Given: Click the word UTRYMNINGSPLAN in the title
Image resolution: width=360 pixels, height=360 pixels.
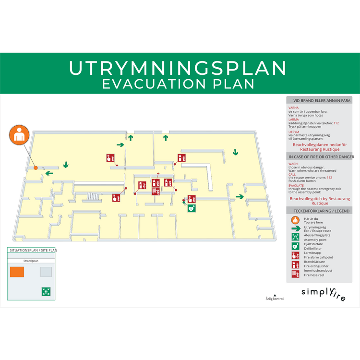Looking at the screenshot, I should pos(178,68).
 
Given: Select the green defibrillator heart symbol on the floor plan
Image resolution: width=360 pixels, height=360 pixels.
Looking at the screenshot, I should pos(191,208).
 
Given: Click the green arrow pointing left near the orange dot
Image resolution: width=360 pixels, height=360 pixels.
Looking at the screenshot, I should pos(49,173).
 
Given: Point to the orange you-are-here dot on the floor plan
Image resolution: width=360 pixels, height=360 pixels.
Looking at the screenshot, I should pos(36,168).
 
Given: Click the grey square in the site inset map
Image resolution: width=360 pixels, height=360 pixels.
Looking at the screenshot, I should pos(46,272).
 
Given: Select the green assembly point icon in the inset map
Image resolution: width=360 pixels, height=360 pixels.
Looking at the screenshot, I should pos(46,291).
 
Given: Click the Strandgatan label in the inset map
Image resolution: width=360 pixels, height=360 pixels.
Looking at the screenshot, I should pos(31,261).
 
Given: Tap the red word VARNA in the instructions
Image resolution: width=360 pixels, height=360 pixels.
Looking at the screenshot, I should pos(293,108).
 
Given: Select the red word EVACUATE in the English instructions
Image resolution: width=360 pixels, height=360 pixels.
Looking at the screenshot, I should pos(296,185).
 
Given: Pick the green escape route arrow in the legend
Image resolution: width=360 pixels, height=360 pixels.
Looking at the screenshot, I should pos(296,228).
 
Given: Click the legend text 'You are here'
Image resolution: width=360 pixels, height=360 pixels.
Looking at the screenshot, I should pos(313,222).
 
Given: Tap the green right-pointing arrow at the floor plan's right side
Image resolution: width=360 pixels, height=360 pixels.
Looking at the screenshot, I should pos(239,196).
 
